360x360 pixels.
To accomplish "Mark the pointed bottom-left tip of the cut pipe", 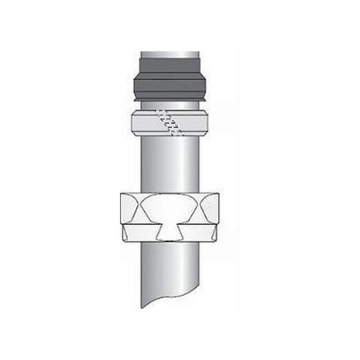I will [x=142, y=307].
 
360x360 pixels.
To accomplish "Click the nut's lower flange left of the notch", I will [x=139, y=232].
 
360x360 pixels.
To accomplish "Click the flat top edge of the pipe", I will [x=170, y=52].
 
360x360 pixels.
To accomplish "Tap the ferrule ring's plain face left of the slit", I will [x=147, y=123].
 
